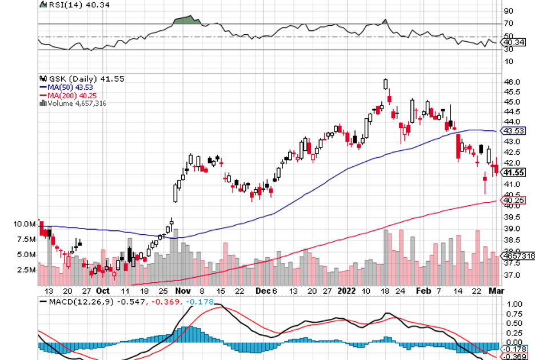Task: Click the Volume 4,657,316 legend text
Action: (x=77, y=103)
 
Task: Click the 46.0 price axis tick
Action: (x=512, y=82)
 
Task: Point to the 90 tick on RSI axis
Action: (x=508, y=11)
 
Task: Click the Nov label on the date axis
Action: (x=183, y=290)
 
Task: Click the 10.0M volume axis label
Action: (x=25, y=224)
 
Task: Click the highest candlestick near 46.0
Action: (x=386, y=83)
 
